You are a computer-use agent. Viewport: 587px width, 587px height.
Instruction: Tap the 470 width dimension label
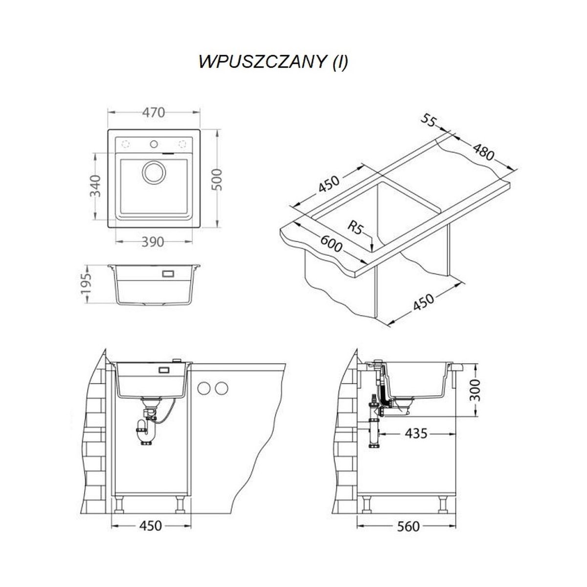[x=154, y=113]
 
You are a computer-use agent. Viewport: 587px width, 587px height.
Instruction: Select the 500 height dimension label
[x=217, y=180]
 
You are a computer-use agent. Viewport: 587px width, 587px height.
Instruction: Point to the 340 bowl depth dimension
[x=96, y=186]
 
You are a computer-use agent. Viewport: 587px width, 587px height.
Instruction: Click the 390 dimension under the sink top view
[x=154, y=242]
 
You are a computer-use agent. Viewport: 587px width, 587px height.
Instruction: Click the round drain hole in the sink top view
[x=154, y=172]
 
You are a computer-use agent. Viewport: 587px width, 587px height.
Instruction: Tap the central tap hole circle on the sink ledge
[x=154, y=143]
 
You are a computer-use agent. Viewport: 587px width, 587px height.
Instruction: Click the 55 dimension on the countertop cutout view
[x=429, y=121]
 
